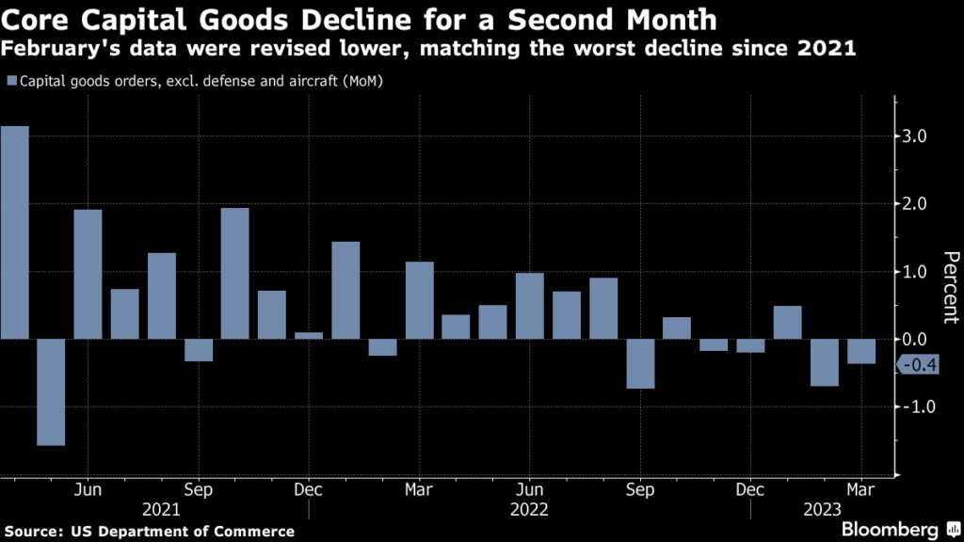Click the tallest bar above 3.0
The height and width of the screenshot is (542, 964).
14,231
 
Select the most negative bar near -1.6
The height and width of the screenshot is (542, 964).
51,391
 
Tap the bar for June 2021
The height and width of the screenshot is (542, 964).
88,274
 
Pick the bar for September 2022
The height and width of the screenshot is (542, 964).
640,363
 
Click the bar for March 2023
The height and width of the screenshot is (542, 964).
861,351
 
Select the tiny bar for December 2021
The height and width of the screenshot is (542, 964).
309,335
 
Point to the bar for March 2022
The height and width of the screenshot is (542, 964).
419,300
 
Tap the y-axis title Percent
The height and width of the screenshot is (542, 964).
950,288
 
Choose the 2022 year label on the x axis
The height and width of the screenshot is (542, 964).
529,509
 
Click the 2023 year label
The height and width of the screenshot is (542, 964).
823,509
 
